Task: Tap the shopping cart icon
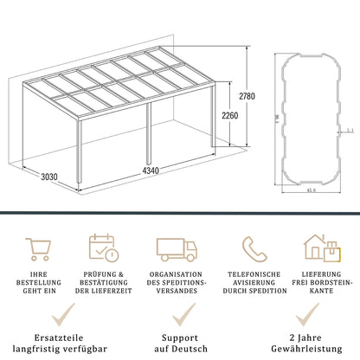coord(38,248)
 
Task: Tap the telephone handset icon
coord(254,248)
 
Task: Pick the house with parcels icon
coord(319,248)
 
